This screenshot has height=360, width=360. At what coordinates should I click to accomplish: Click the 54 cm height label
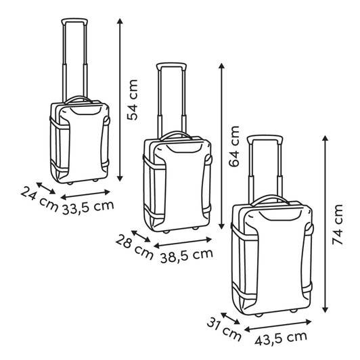[x=133, y=99]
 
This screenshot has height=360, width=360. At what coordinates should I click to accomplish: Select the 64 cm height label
[x=234, y=146]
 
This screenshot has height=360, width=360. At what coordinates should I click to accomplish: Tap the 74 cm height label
[x=338, y=224]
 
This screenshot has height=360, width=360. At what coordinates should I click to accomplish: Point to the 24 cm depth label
[x=39, y=200]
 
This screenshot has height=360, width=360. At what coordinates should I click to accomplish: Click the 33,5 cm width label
[x=88, y=208]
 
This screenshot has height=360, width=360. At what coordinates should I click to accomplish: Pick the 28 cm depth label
[x=134, y=248]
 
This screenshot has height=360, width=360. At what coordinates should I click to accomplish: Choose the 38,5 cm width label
[x=187, y=256]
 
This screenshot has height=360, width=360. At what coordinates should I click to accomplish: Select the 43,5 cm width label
[x=281, y=338]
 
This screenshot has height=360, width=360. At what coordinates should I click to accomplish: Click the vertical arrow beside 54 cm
[x=120, y=99]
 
